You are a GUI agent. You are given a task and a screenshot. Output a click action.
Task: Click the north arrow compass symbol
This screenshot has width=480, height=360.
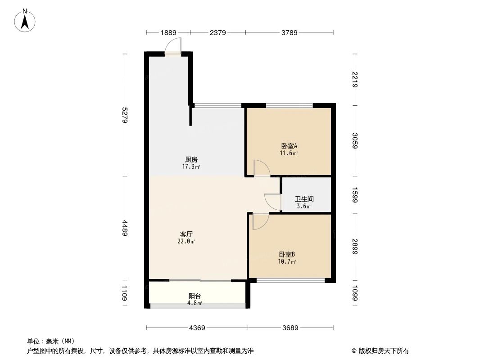click(x=25, y=21)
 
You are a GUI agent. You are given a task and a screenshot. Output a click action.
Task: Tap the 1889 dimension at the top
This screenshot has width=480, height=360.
click(x=168, y=32)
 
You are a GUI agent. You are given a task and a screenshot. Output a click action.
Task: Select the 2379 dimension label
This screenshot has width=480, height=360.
click(x=217, y=32)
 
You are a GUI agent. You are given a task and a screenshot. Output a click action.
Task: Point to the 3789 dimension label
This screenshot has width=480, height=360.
click(x=289, y=32)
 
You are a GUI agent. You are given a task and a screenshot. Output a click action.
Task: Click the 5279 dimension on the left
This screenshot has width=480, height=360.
click(x=125, y=115)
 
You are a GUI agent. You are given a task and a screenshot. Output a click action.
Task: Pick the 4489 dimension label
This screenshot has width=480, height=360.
click(x=125, y=228)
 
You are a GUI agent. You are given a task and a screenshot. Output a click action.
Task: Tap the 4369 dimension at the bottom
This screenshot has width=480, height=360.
click(x=197, y=328)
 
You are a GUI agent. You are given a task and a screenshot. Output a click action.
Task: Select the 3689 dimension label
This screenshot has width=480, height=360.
click(x=290, y=328)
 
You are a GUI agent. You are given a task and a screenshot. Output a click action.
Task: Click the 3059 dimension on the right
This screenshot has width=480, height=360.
click(x=355, y=141)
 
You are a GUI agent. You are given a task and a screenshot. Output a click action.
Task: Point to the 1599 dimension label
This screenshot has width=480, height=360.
click(x=355, y=195)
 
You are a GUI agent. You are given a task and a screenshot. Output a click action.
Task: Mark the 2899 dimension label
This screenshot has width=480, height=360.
click(x=355, y=246)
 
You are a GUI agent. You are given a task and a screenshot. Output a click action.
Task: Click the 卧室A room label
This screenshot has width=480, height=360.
click(x=289, y=146)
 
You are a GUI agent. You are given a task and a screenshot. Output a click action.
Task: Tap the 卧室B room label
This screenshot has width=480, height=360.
click(x=287, y=255)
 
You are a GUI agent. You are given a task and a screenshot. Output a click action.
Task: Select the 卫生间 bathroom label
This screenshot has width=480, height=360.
click(x=304, y=199)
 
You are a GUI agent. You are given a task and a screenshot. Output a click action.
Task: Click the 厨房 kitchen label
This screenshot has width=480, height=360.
click(x=191, y=159)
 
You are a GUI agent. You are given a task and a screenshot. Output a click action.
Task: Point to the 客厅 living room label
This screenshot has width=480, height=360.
click(x=186, y=234)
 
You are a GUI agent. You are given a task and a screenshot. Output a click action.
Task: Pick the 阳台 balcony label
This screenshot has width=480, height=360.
click(x=195, y=296)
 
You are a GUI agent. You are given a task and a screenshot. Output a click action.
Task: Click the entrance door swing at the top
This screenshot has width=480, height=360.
click(x=173, y=46)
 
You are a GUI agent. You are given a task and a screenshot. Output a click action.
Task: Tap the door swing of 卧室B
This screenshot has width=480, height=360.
click(x=261, y=221)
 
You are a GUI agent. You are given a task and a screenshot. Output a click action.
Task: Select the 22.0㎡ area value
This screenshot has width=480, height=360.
click(x=186, y=242)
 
